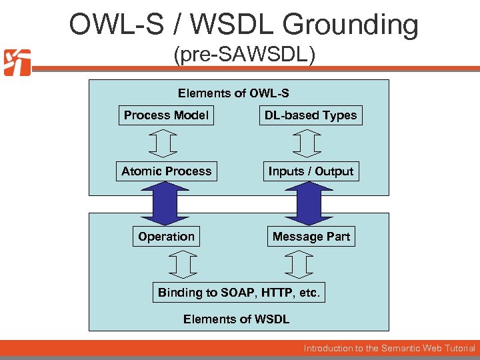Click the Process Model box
pos(166,115)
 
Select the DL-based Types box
pos(311,115)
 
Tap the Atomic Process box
pos(166,171)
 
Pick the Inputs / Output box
pos(311,171)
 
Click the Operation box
pos(166,237)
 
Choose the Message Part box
pos(311,237)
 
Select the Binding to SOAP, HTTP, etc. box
pos(239,293)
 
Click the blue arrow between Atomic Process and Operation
pos(165,203)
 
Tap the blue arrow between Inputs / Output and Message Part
pos(309,203)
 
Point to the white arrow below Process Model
pos(163,143)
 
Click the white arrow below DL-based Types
pos(307,143)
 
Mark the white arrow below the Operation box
pos(182,265)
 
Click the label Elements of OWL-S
pos(233,94)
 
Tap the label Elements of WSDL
pos(236,319)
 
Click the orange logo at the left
pos(17,63)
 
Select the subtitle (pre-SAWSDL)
pos(244,55)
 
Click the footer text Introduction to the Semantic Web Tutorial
pos(389,348)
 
